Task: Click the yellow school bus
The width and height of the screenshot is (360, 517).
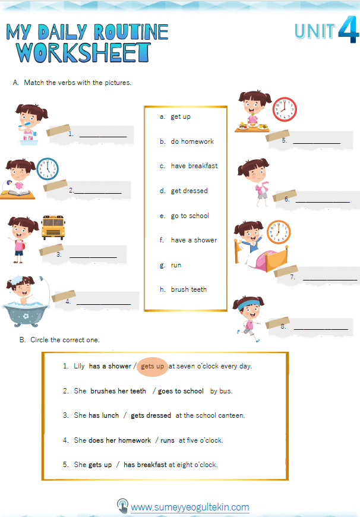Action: point(53,228)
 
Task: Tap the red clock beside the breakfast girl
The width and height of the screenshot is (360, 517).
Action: point(284,109)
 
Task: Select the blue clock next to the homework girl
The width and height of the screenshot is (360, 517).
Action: point(48,169)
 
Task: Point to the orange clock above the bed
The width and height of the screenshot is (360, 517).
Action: point(279,232)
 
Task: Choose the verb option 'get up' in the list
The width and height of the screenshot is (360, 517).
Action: point(181,116)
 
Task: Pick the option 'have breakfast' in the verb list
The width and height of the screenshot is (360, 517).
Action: point(194,166)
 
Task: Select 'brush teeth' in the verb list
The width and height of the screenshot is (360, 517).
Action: point(189,289)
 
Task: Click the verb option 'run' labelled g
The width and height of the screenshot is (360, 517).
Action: point(176,265)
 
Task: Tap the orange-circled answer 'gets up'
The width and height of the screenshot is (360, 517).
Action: point(153,366)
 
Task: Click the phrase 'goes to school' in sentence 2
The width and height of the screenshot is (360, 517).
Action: point(181,391)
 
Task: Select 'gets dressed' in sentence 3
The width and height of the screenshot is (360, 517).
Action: point(151,415)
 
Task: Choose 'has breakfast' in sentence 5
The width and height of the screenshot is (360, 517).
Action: point(145,465)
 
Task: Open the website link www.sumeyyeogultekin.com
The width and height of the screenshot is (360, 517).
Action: point(190,507)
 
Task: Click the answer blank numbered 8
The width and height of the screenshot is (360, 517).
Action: point(321,327)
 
